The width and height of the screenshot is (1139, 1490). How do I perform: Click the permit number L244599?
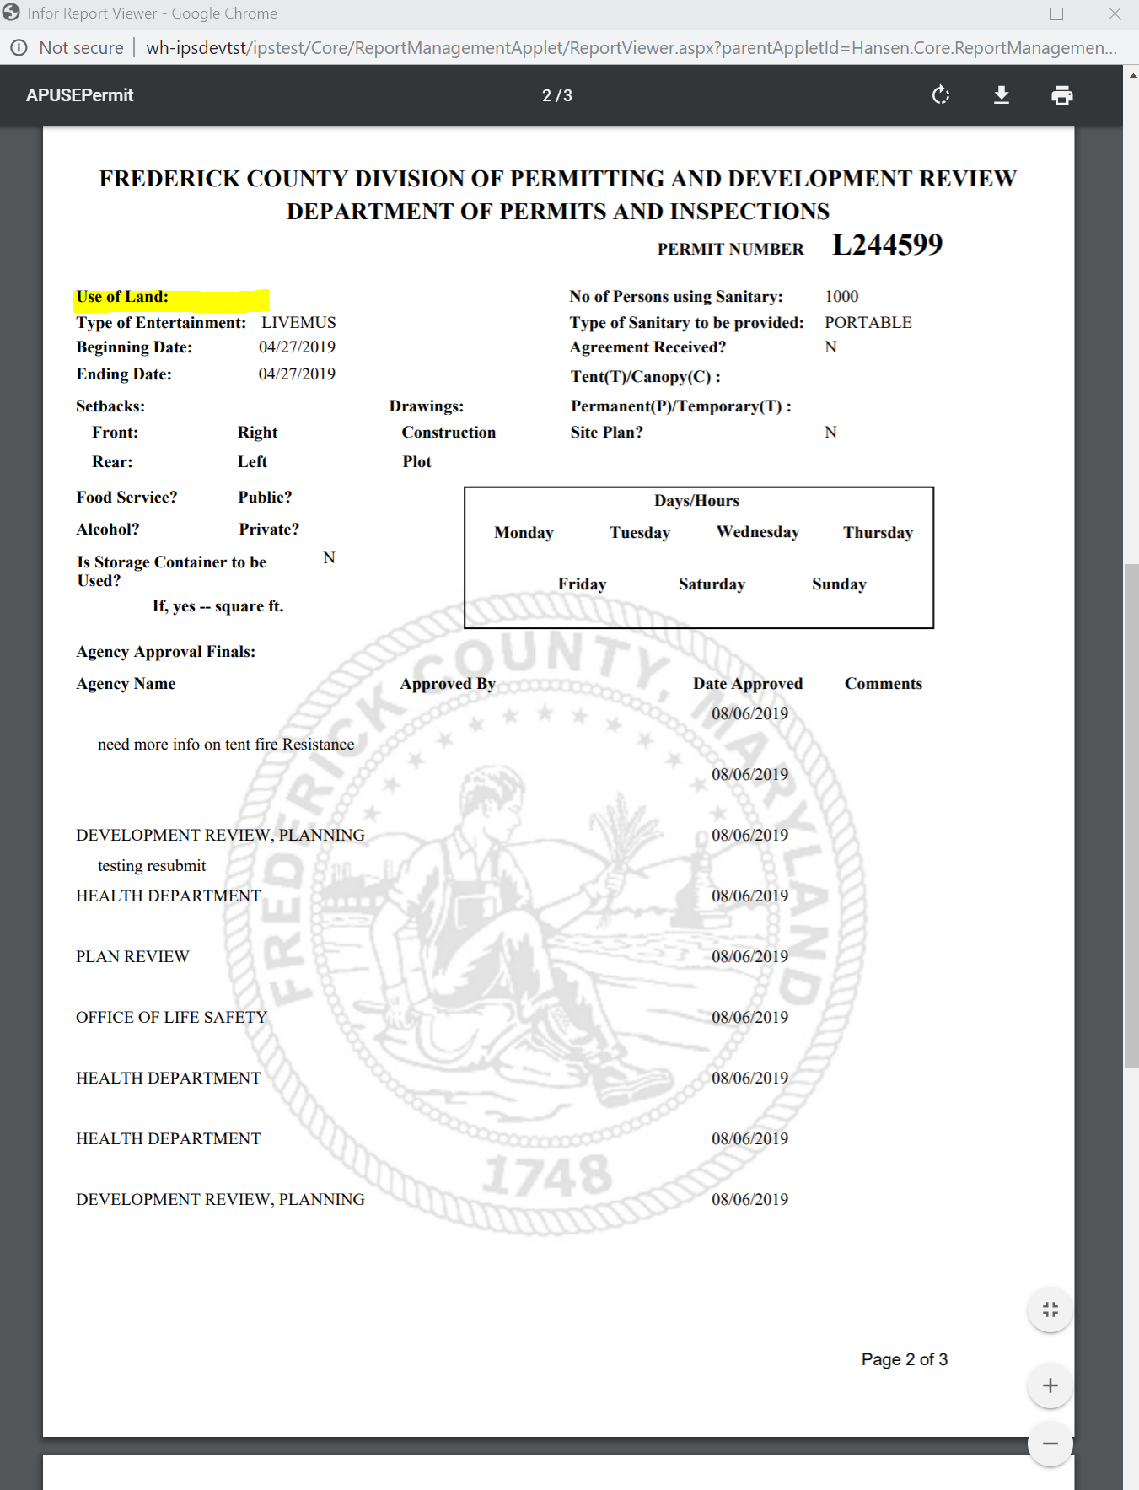tap(887, 245)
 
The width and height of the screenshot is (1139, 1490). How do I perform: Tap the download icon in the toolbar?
tap(1001, 95)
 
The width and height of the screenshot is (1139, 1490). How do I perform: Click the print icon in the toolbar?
tap(1061, 95)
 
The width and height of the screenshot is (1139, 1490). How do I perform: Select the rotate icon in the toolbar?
tap(941, 95)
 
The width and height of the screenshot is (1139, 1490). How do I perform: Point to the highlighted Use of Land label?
tap(122, 297)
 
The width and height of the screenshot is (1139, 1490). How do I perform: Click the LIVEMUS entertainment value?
tap(298, 323)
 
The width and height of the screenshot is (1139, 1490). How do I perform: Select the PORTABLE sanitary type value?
tap(868, 323)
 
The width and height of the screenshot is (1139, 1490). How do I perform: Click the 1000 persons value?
tap(841, 297)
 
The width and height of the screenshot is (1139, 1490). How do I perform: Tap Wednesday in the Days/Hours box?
tap(757, 532)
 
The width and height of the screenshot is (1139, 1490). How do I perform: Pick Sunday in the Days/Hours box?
tap(838, 584)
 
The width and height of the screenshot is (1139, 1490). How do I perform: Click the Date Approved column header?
tap(747, 684)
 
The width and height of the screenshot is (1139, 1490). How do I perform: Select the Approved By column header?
tap(447, 684)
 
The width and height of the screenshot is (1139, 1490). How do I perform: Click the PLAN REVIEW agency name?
tap(132, 957)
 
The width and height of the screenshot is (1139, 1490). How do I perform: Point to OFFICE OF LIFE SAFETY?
tap(171, 1018)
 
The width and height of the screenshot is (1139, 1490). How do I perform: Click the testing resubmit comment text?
tap(152, 866)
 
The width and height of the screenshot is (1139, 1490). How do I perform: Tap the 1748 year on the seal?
tap(548, 1175)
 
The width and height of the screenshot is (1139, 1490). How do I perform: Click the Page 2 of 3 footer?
tap(904, 1359)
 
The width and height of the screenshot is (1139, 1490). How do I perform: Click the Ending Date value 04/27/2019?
tap(297, 374)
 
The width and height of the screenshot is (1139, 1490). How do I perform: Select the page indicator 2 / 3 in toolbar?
tap(556, 96)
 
